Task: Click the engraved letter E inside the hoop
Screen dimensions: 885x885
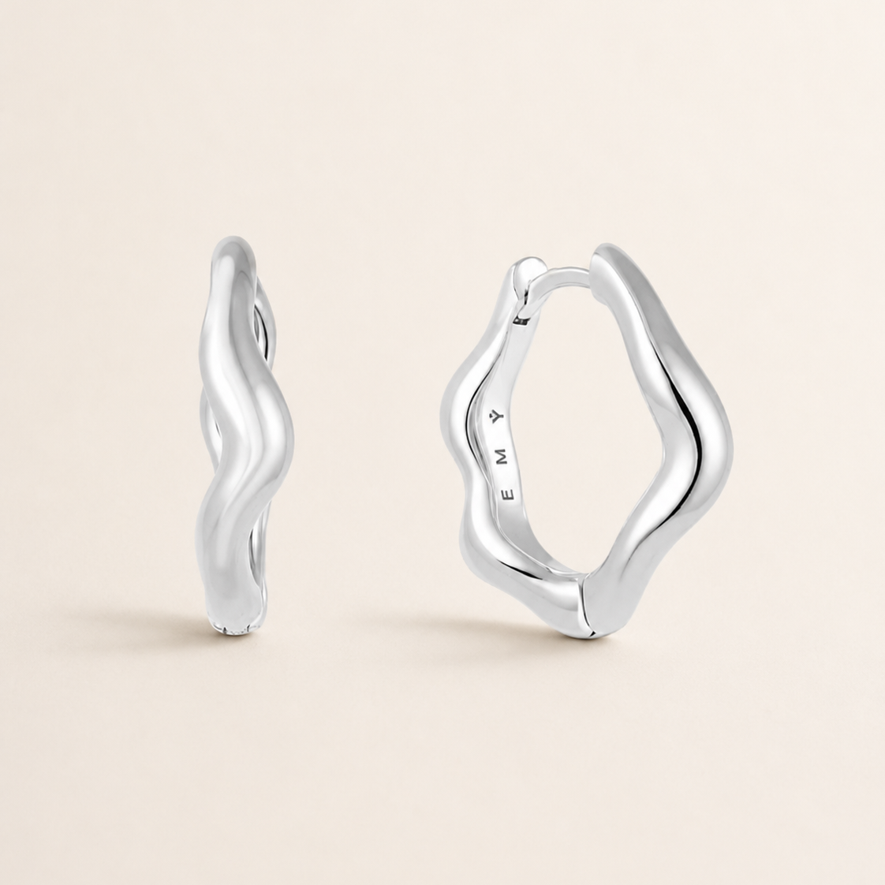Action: click(x=509, y=494)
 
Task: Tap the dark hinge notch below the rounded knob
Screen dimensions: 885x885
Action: click(x=523, y=320)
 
